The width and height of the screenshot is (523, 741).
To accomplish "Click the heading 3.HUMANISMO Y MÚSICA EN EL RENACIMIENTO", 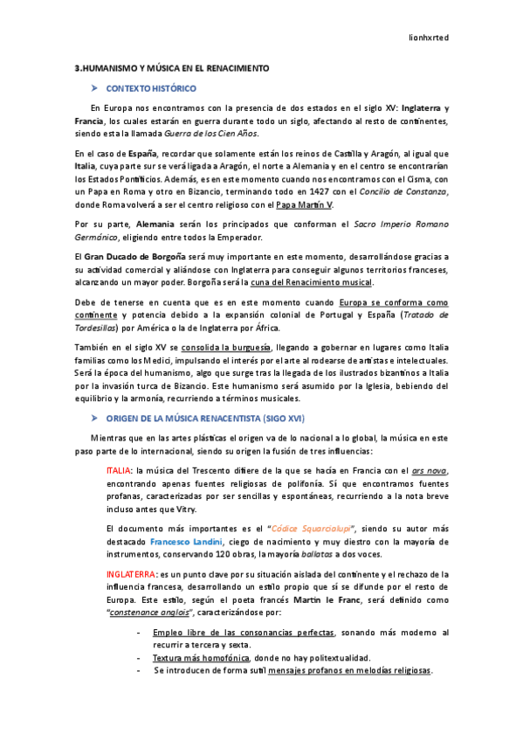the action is (172, 68).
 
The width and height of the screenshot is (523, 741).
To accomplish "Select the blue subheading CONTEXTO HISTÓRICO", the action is (151, 89).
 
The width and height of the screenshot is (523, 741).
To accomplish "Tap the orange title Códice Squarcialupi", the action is (315, 529).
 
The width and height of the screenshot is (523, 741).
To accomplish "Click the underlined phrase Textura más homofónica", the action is (201, 657).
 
